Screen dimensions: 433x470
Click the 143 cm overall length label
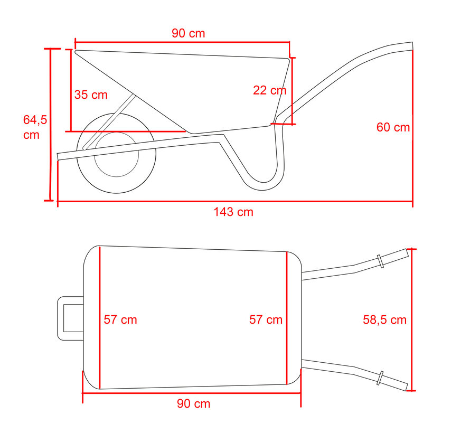point(233,212)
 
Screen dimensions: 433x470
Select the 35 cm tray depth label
point(91,95)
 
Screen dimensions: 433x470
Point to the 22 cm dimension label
point(269,90)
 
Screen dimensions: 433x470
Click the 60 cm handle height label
point(392,127)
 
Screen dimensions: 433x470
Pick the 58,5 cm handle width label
point(384,319)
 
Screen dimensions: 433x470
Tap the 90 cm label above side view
point(188,33)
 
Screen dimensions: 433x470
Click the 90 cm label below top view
point(193,404)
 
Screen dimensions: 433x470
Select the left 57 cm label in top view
point(120,319)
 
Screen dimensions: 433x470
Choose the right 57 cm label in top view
point(266,319)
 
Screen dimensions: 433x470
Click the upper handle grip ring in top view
point(380,261)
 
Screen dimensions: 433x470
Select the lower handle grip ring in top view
point(380,378)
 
